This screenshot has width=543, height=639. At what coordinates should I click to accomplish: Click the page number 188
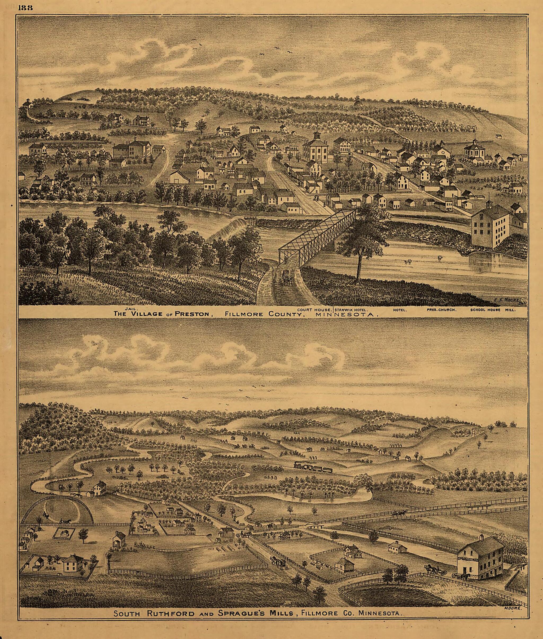25,8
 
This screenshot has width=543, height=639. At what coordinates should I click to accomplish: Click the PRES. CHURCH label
441,310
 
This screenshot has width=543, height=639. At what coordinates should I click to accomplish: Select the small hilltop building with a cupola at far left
27,103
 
